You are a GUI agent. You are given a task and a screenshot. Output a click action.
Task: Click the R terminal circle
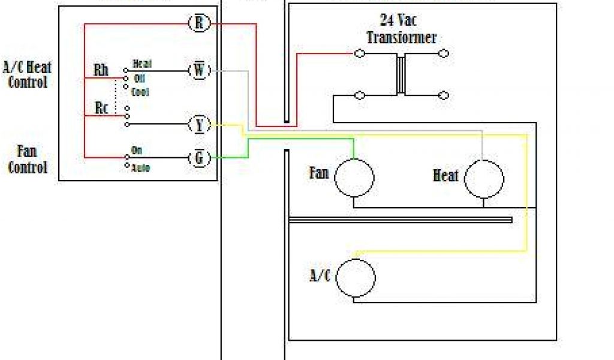click(198, 23)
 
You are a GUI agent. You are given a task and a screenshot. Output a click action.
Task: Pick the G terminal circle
click(199, 158)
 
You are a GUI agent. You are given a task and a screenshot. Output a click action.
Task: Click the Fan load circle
click(354, 178)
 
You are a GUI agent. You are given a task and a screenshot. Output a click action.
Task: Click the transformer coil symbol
click(401, 74)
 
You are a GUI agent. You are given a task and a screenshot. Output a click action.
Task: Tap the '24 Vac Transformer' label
click(401, 29)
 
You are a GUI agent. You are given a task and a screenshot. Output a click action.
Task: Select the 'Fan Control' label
click(28, 158)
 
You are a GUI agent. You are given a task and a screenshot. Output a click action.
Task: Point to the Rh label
click(101, 70)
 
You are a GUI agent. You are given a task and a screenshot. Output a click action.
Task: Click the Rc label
click(102, 108)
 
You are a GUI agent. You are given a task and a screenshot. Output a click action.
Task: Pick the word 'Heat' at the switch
click(142, 64)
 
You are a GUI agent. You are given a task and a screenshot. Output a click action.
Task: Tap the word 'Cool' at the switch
click(141, 92)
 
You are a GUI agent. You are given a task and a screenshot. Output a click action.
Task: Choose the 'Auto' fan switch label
click(140, 167)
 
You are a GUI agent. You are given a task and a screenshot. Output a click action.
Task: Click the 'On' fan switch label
click(137, 150)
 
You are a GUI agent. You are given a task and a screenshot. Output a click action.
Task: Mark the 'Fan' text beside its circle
click(319, 173)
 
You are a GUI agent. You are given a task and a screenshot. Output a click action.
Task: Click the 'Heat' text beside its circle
click(446, 176)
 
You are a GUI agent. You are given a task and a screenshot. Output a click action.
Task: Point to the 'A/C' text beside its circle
click(320, 276)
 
